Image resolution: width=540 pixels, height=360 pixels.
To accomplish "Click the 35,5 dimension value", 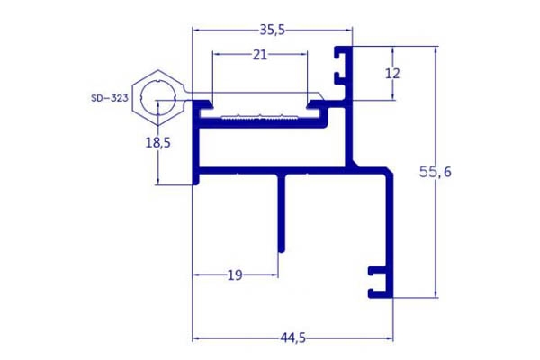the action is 272,31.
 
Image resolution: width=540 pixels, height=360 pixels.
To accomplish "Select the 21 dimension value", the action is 260,54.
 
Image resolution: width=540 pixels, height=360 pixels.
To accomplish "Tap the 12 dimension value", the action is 392,74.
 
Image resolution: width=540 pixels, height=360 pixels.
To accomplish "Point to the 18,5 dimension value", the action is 158,142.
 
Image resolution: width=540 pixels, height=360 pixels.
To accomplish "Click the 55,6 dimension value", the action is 435,172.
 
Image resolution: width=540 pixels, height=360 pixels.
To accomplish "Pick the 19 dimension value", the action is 235,275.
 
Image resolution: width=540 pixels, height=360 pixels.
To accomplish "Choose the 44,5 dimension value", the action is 292,338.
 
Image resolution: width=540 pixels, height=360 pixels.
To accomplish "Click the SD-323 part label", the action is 110,98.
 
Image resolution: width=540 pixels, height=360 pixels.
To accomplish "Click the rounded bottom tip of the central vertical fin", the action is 282,250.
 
